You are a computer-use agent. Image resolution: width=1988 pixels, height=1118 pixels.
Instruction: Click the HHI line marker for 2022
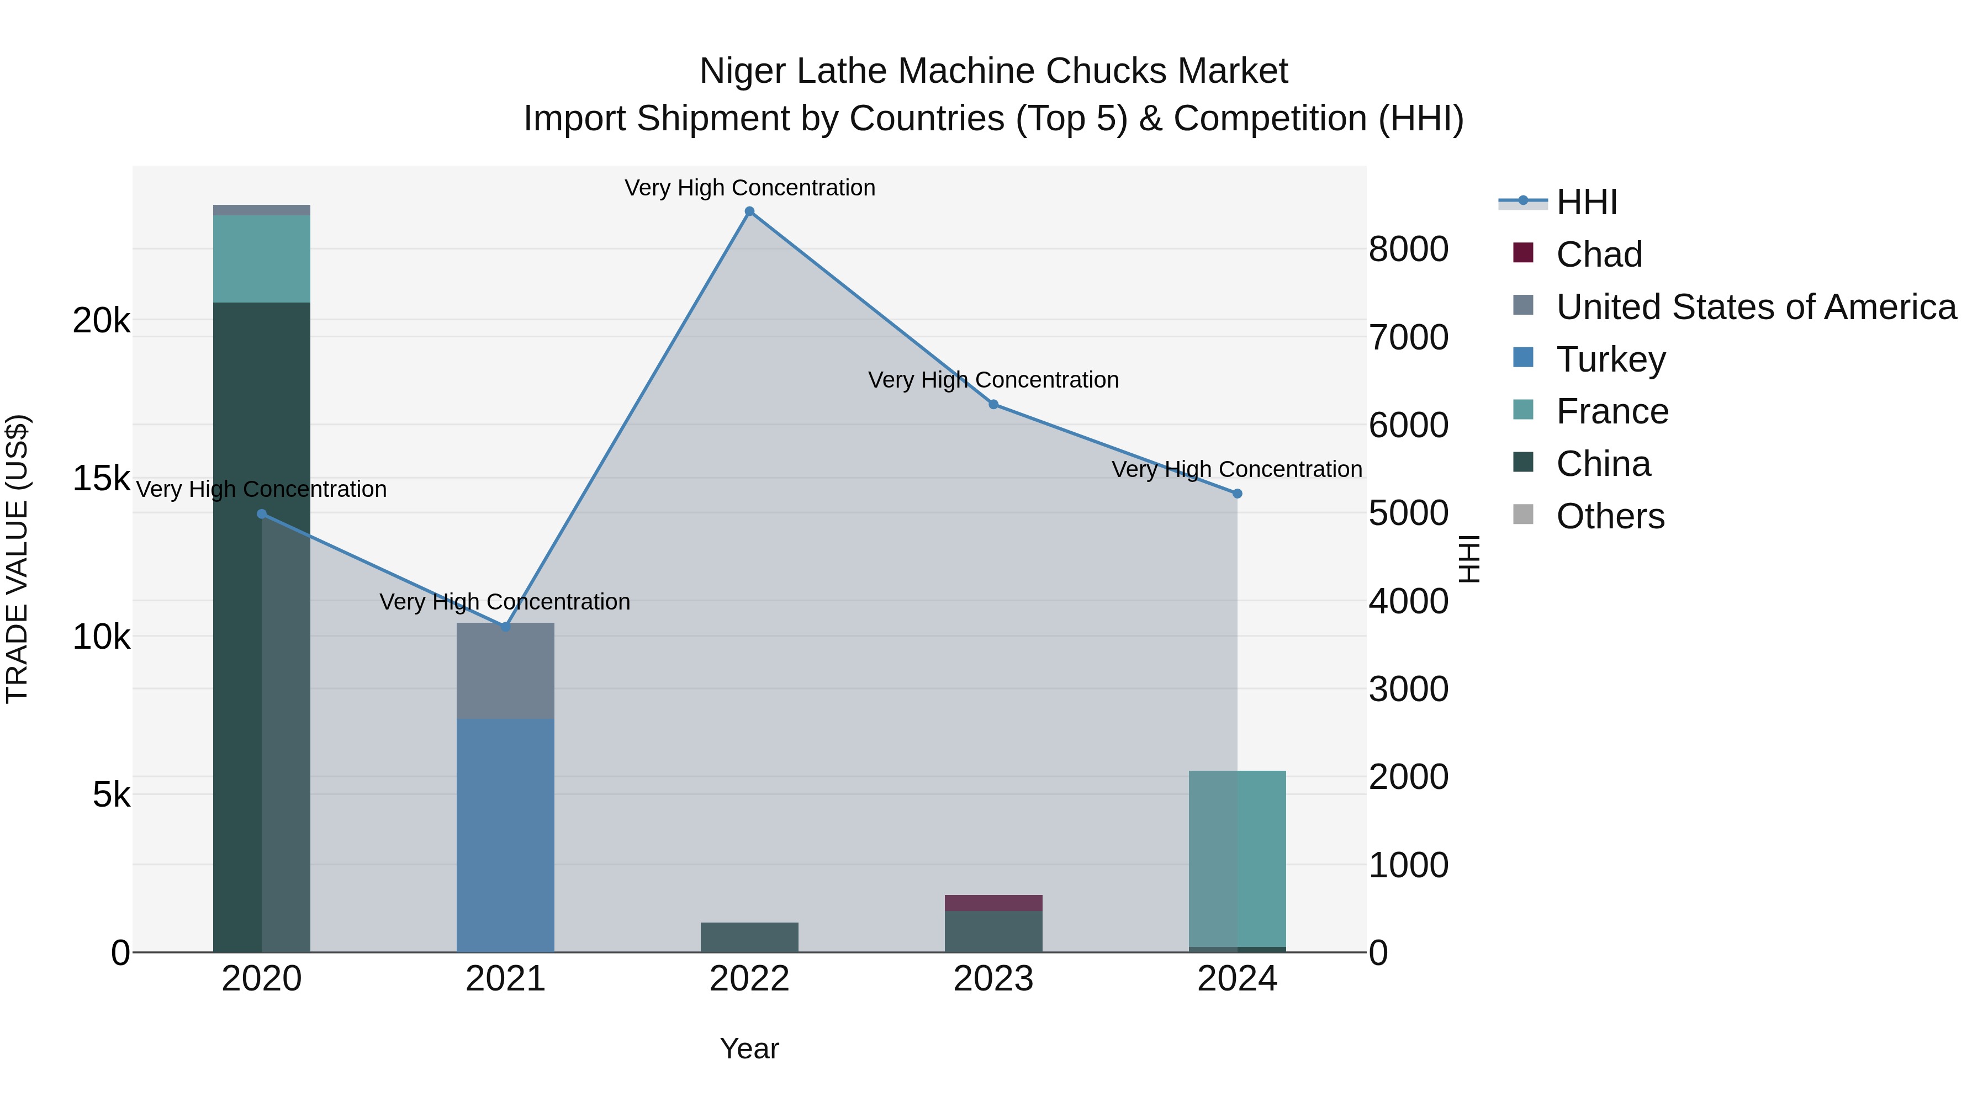pos(749,211)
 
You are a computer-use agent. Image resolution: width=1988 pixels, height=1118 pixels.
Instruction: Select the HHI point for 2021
pos(505,627)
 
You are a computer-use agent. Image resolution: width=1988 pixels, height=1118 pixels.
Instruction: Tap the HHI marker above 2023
pos(993,404)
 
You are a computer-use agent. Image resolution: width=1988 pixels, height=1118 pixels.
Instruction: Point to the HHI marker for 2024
pos(1237,494)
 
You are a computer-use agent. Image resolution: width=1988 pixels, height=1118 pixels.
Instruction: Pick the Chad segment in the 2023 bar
pos(993,903)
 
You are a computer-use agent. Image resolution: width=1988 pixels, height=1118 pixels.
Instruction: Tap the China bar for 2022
pos(749,937)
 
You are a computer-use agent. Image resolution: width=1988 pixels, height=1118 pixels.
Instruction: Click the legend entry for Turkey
pos(1611,359)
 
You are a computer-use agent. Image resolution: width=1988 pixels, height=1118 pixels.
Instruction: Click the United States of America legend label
pos(1756,307)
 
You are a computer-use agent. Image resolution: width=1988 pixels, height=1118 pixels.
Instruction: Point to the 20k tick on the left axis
pos(101,320)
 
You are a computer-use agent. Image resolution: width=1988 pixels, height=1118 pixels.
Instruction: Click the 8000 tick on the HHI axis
pos(1408,249)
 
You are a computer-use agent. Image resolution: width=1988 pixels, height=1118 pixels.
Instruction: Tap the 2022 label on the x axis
pos(749,979)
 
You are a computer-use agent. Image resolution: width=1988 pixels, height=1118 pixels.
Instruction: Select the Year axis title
pos(749,1048)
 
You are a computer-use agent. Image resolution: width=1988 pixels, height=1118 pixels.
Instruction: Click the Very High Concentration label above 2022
pos(749,188)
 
